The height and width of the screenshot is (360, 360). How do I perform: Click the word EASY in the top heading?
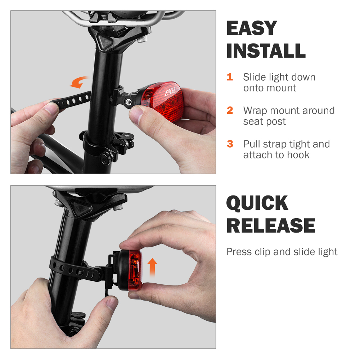pos(252,28)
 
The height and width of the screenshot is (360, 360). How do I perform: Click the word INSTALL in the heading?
pos(266,51)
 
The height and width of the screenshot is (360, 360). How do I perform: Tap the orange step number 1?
pos(230,77)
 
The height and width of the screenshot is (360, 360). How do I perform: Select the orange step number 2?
pos(230,110)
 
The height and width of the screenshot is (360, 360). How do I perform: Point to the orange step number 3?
pos(230,144)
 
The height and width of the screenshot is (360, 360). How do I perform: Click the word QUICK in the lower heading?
pos(257,203)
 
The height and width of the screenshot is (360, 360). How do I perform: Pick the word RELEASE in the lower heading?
pos(271,226)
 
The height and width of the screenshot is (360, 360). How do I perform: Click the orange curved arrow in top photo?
pos(79,82)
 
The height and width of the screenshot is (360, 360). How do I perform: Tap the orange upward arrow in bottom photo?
pos(153,267)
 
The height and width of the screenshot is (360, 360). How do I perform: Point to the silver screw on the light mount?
pos(128,103)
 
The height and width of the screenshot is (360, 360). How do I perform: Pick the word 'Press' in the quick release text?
pos(239,252)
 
